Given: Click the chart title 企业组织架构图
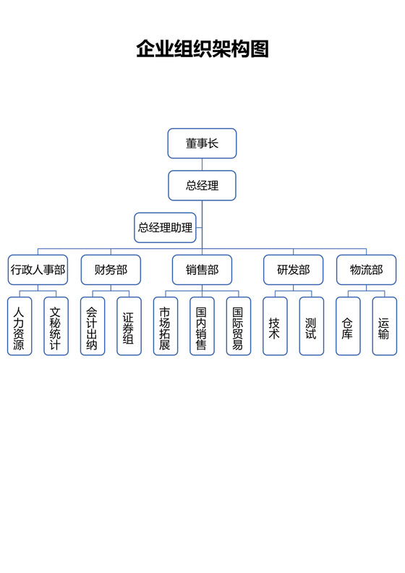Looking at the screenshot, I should point(202,48).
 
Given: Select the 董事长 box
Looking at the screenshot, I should point(202,143).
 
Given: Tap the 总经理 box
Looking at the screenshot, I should point(202,185).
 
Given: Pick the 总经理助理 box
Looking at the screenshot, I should point(166,227).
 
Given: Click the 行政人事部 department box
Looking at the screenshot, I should point(38,270).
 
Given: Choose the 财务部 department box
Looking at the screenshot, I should point(111,270).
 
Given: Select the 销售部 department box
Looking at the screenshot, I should point(202,270).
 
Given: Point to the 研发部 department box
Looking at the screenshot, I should point(293,270).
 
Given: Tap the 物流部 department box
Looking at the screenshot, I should point(366,270).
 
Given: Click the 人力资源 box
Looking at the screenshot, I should point(20,326).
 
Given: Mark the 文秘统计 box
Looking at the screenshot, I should point(56,326).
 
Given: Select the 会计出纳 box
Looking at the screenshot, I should point(93,326).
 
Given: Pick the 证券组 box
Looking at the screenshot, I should point(129,326).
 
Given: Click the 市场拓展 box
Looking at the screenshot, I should point(166,326).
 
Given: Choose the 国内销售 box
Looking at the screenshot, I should point(202,326).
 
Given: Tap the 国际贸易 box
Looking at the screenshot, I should point(238,326).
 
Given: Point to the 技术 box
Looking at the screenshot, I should point(275,326).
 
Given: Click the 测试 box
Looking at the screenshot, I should point(311,326).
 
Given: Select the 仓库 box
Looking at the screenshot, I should point(348,326).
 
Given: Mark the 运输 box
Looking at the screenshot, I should point(384,326).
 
